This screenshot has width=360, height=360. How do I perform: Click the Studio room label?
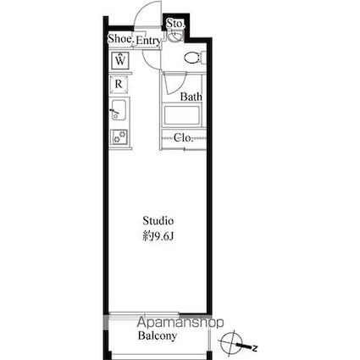158,221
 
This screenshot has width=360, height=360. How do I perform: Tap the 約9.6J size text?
158,236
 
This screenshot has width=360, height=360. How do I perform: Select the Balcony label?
158,335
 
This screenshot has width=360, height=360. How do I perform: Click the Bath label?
191,97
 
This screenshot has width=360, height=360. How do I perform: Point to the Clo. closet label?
183,138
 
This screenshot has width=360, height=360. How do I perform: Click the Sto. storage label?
175,24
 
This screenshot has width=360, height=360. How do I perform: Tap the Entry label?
148,41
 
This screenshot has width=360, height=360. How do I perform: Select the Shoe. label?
121,39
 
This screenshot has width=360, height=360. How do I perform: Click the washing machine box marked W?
120,61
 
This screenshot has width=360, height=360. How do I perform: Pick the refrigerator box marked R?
119,85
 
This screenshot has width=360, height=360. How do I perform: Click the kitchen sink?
119,110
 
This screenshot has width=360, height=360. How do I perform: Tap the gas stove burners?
119,136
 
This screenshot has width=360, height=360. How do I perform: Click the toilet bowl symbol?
194,58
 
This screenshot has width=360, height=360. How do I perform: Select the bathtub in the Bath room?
181,115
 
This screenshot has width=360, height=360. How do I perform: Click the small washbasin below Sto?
175,36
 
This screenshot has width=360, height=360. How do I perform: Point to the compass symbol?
232,342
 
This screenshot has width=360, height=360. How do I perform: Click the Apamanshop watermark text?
180,323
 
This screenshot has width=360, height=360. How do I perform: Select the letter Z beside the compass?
255,348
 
